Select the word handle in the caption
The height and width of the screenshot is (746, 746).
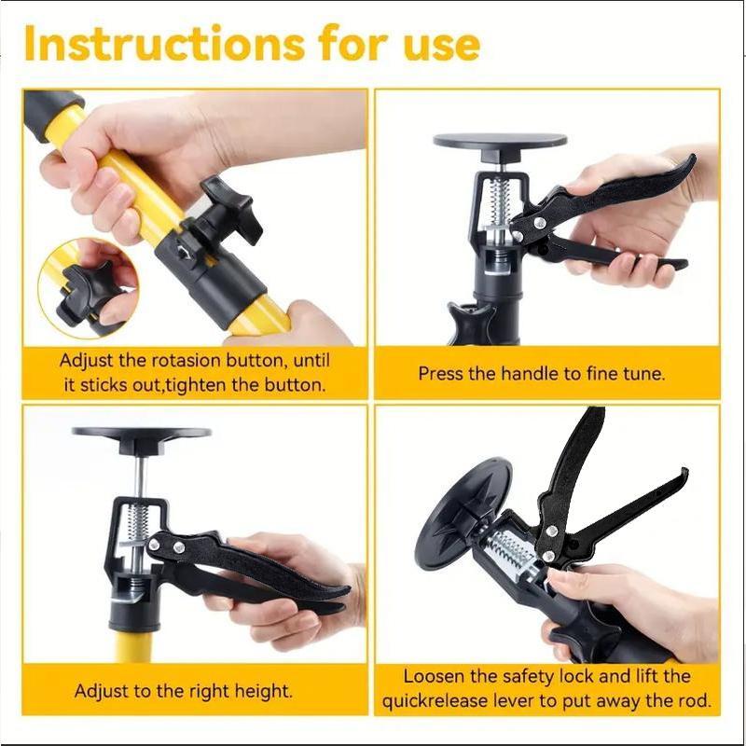(x=530, y=374)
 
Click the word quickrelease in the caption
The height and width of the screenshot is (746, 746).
(x=435, y=702)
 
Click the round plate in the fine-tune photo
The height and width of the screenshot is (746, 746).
(x=500, y=141)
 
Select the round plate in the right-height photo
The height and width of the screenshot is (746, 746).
(x=142, y=433)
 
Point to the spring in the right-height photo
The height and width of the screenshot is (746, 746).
(x=138, y=523)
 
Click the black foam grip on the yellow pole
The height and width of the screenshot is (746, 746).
(x=52, y=113)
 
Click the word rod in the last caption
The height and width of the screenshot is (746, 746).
(x=694, y=702)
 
